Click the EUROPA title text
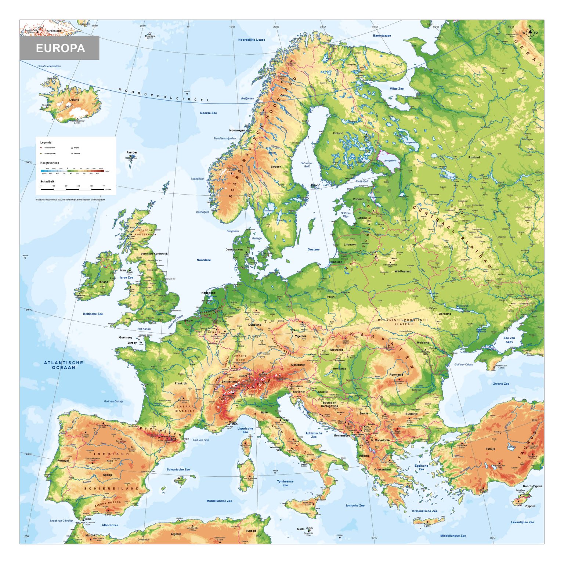point(60,48)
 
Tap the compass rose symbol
point(530,33)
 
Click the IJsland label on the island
point(74,100)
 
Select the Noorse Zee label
point(208,113)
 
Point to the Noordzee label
point(203,260)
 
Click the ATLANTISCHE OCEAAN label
point(64,365)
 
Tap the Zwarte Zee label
point(501,384)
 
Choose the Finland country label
point(338,133)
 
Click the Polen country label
point(330,297)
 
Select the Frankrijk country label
point(181,383)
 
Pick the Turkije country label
point(490,449)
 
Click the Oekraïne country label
point(445,314)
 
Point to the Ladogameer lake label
point(390,160)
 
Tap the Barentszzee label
point(382,36)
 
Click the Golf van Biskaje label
point(113,401)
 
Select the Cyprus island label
point(530,506)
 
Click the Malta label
point(301,529)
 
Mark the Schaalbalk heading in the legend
point(47,181)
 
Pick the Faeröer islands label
point(132,152)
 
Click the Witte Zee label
point(397,88)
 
